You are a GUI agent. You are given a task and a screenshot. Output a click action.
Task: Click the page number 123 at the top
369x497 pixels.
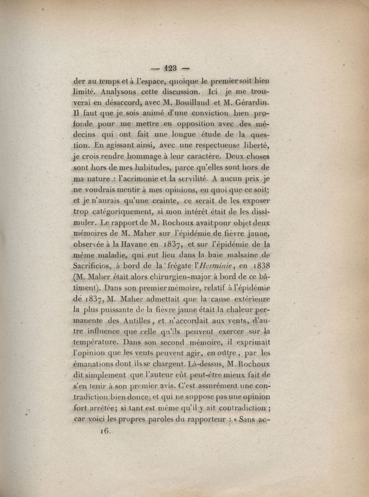pos(169,68)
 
